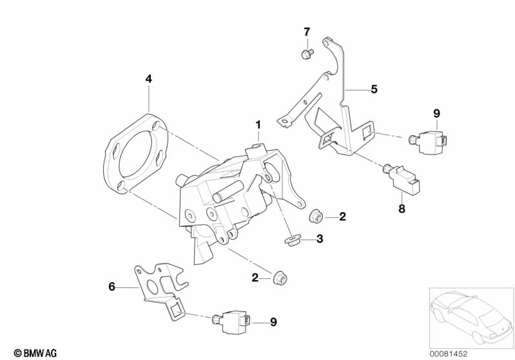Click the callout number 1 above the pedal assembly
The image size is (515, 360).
coord(258,124)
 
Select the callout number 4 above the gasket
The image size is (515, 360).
coord(149,79)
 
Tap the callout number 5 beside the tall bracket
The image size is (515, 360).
coord(374,90)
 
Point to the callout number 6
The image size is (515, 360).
coord(112,287)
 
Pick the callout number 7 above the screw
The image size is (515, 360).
coord(307,32)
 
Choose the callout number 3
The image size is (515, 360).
coord(320,239)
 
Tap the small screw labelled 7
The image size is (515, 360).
coord(306,53)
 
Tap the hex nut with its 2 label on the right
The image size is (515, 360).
coord(316,216)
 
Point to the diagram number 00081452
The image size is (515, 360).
coord(476,352)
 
